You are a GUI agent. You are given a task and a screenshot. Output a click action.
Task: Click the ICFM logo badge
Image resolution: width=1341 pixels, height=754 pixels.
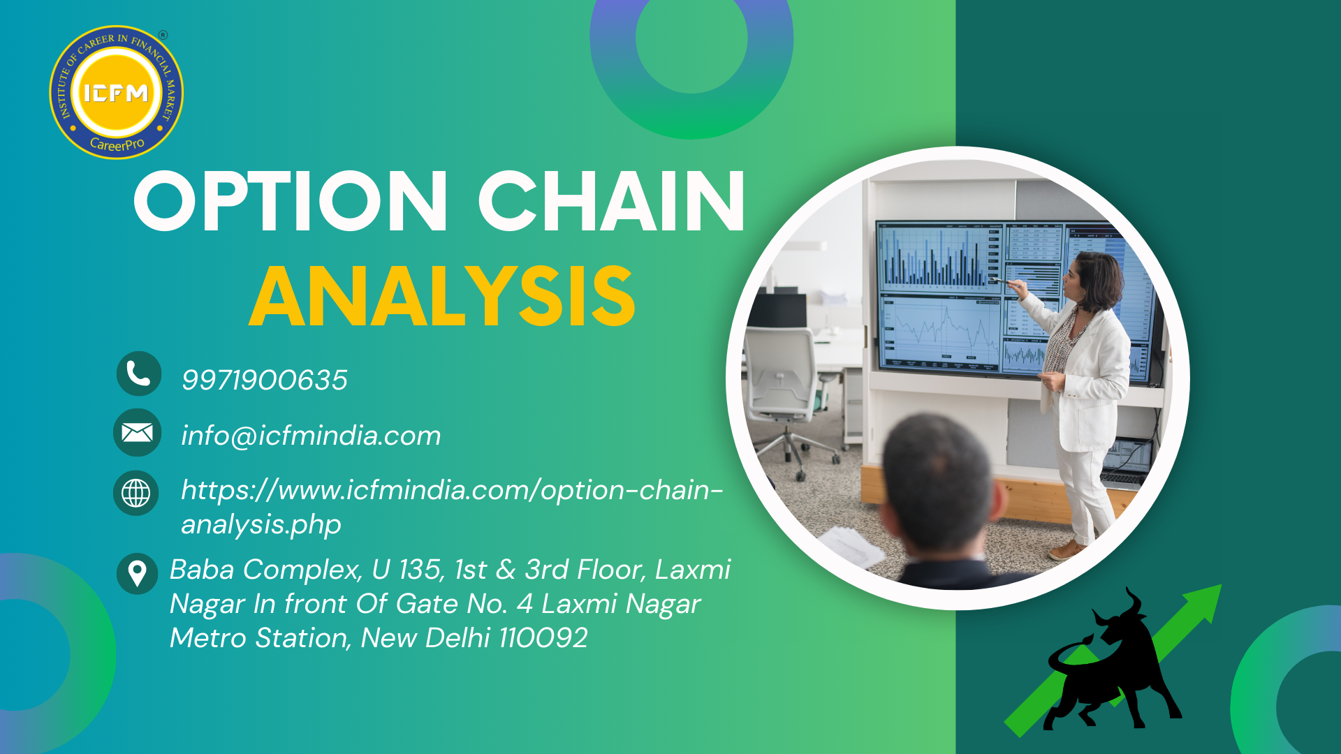click(x=117, y=92)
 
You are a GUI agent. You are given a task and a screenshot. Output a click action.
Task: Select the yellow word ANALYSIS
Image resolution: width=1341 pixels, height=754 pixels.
click(x=442, y=296)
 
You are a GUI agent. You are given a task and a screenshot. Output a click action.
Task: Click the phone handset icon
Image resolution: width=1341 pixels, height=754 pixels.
click(x=138, y=374)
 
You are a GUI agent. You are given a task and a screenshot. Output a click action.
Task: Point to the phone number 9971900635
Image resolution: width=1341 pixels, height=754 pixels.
click(x=264, y=380)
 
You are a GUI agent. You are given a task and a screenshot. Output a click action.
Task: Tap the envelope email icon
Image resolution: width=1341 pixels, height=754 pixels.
click(x=137, y=433)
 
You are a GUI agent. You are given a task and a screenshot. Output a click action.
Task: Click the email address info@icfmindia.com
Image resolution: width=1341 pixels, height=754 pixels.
click(x=311, y=436)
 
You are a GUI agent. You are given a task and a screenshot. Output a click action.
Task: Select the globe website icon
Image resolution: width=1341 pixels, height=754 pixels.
click(x=135, y=493)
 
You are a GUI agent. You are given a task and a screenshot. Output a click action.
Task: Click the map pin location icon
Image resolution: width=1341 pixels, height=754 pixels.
click(x=137, y=574)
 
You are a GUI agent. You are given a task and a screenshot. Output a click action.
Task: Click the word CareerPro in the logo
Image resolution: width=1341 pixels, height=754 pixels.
click(x=117, y=145)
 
